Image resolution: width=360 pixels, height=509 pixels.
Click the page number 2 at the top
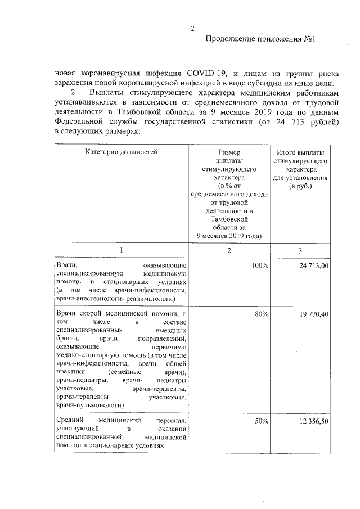(x=192, y=29)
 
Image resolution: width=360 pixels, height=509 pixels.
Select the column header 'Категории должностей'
(x=121, y=151)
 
